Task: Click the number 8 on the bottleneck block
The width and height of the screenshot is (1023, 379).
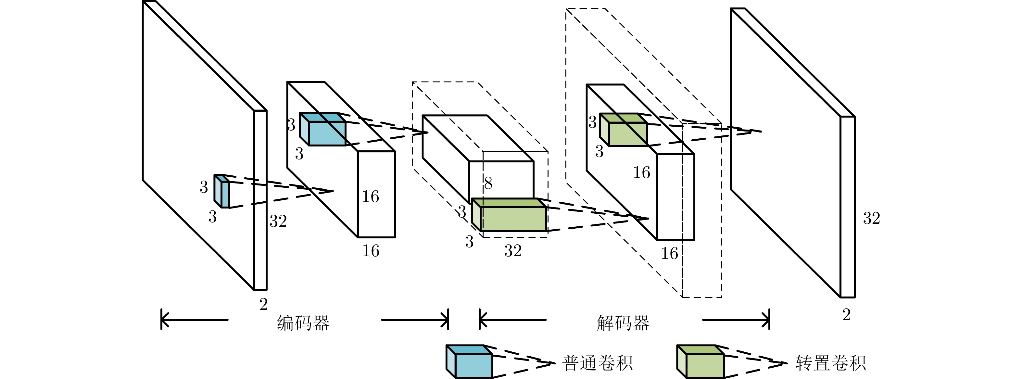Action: (x=488, y=183)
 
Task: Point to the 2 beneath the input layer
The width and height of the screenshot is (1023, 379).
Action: (x=263, y=304)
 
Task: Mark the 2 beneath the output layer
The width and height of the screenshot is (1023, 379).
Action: (x=846, y=315)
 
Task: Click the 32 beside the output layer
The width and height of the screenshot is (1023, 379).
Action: (x=871, y=218)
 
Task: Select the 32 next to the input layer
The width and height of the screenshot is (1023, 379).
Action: (x=278, y=221)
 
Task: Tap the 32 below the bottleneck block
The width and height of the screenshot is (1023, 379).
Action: (x=513, y=251)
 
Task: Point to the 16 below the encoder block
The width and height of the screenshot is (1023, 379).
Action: (x=371, y=251)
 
